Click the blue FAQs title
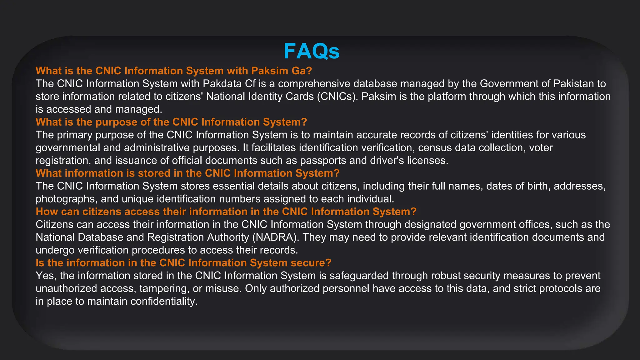coord(312,51)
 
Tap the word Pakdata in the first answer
coord(223,84)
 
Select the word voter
coord(541,148)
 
